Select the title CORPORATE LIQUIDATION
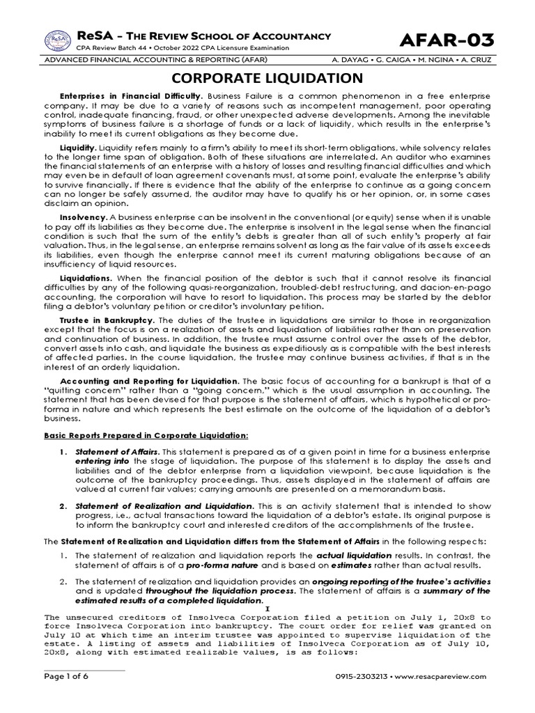point(267,77)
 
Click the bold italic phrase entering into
point(102,461)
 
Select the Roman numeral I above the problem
point(267,608)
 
